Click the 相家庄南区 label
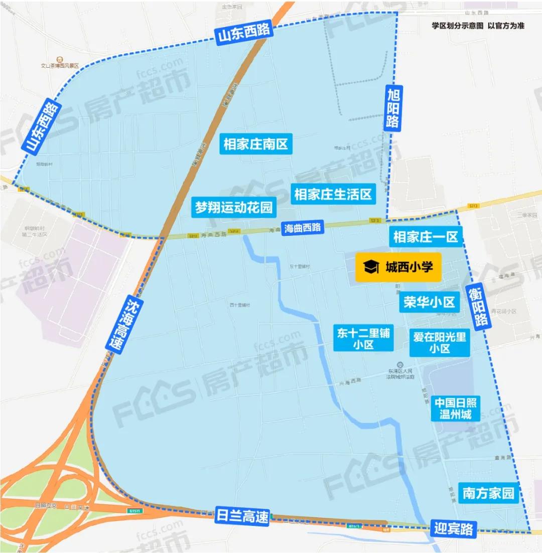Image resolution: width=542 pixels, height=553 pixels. click(x=256, y=145)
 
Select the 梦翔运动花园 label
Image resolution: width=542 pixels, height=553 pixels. click(x=233, y=207)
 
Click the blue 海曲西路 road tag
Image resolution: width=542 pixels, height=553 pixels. click(x=302, y=228)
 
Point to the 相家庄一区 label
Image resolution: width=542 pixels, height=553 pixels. click(x=426, y=237)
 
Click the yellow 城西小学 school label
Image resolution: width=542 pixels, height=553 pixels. click(x=398, y=267)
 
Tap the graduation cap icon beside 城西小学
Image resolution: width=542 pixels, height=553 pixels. click(x=371, y=267)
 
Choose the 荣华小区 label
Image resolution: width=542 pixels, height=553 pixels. click(x=429, y=302)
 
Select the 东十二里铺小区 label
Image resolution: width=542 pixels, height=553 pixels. click(x=364, y=338)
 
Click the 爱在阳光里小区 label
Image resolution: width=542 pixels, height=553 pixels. click(x=440, y=342)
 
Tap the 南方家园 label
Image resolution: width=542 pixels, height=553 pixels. click(x=489, y=493)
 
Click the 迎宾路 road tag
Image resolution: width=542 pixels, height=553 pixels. click(x=453, y=528)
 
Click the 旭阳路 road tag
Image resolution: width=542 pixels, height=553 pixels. click(x=393, y=108)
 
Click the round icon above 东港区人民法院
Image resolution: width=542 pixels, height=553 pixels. click(x=399, y=364)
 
